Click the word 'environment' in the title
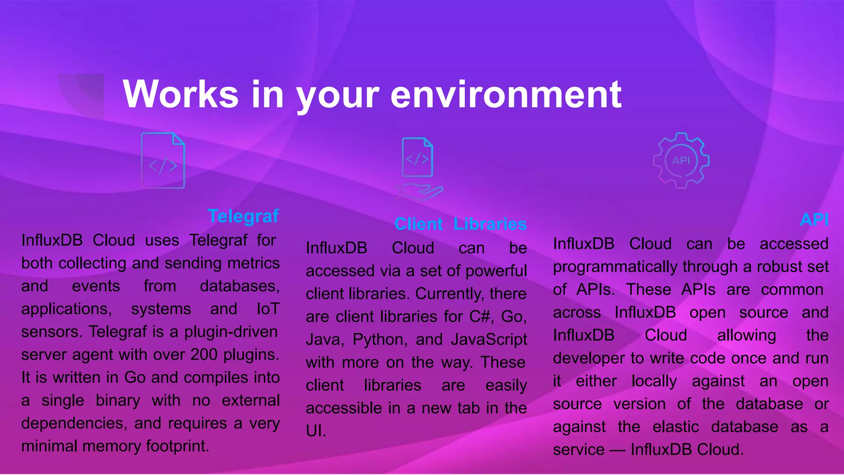coord(506,95)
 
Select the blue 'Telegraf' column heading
coord(243,216)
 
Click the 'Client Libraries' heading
coord(460,224)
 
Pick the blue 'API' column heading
coord(814,220)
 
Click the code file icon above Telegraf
coord(163,161)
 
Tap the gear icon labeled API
coord(681,160)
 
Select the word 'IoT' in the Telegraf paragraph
coord(268,309)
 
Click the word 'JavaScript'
coord(489,339)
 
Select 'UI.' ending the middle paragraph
coord(316,431)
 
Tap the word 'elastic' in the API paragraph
coord(676,427)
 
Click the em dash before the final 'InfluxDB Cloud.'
coord(617,450)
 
